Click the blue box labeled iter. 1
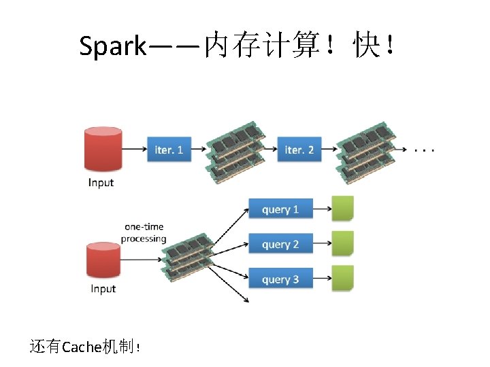(169, 149)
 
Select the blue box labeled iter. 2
(299, 149)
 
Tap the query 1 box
(281, 209)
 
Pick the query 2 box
(281, 244)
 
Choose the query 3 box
(281, 279)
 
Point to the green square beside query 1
(343, 209)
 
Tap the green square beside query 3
(343, 278)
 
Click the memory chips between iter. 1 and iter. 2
(235, 151)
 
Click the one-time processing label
(144, 232)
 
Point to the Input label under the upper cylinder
(101, 182)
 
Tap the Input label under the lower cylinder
(103, 289)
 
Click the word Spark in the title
(112, 46)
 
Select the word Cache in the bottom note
(81, 347)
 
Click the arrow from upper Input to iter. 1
(133, 148)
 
